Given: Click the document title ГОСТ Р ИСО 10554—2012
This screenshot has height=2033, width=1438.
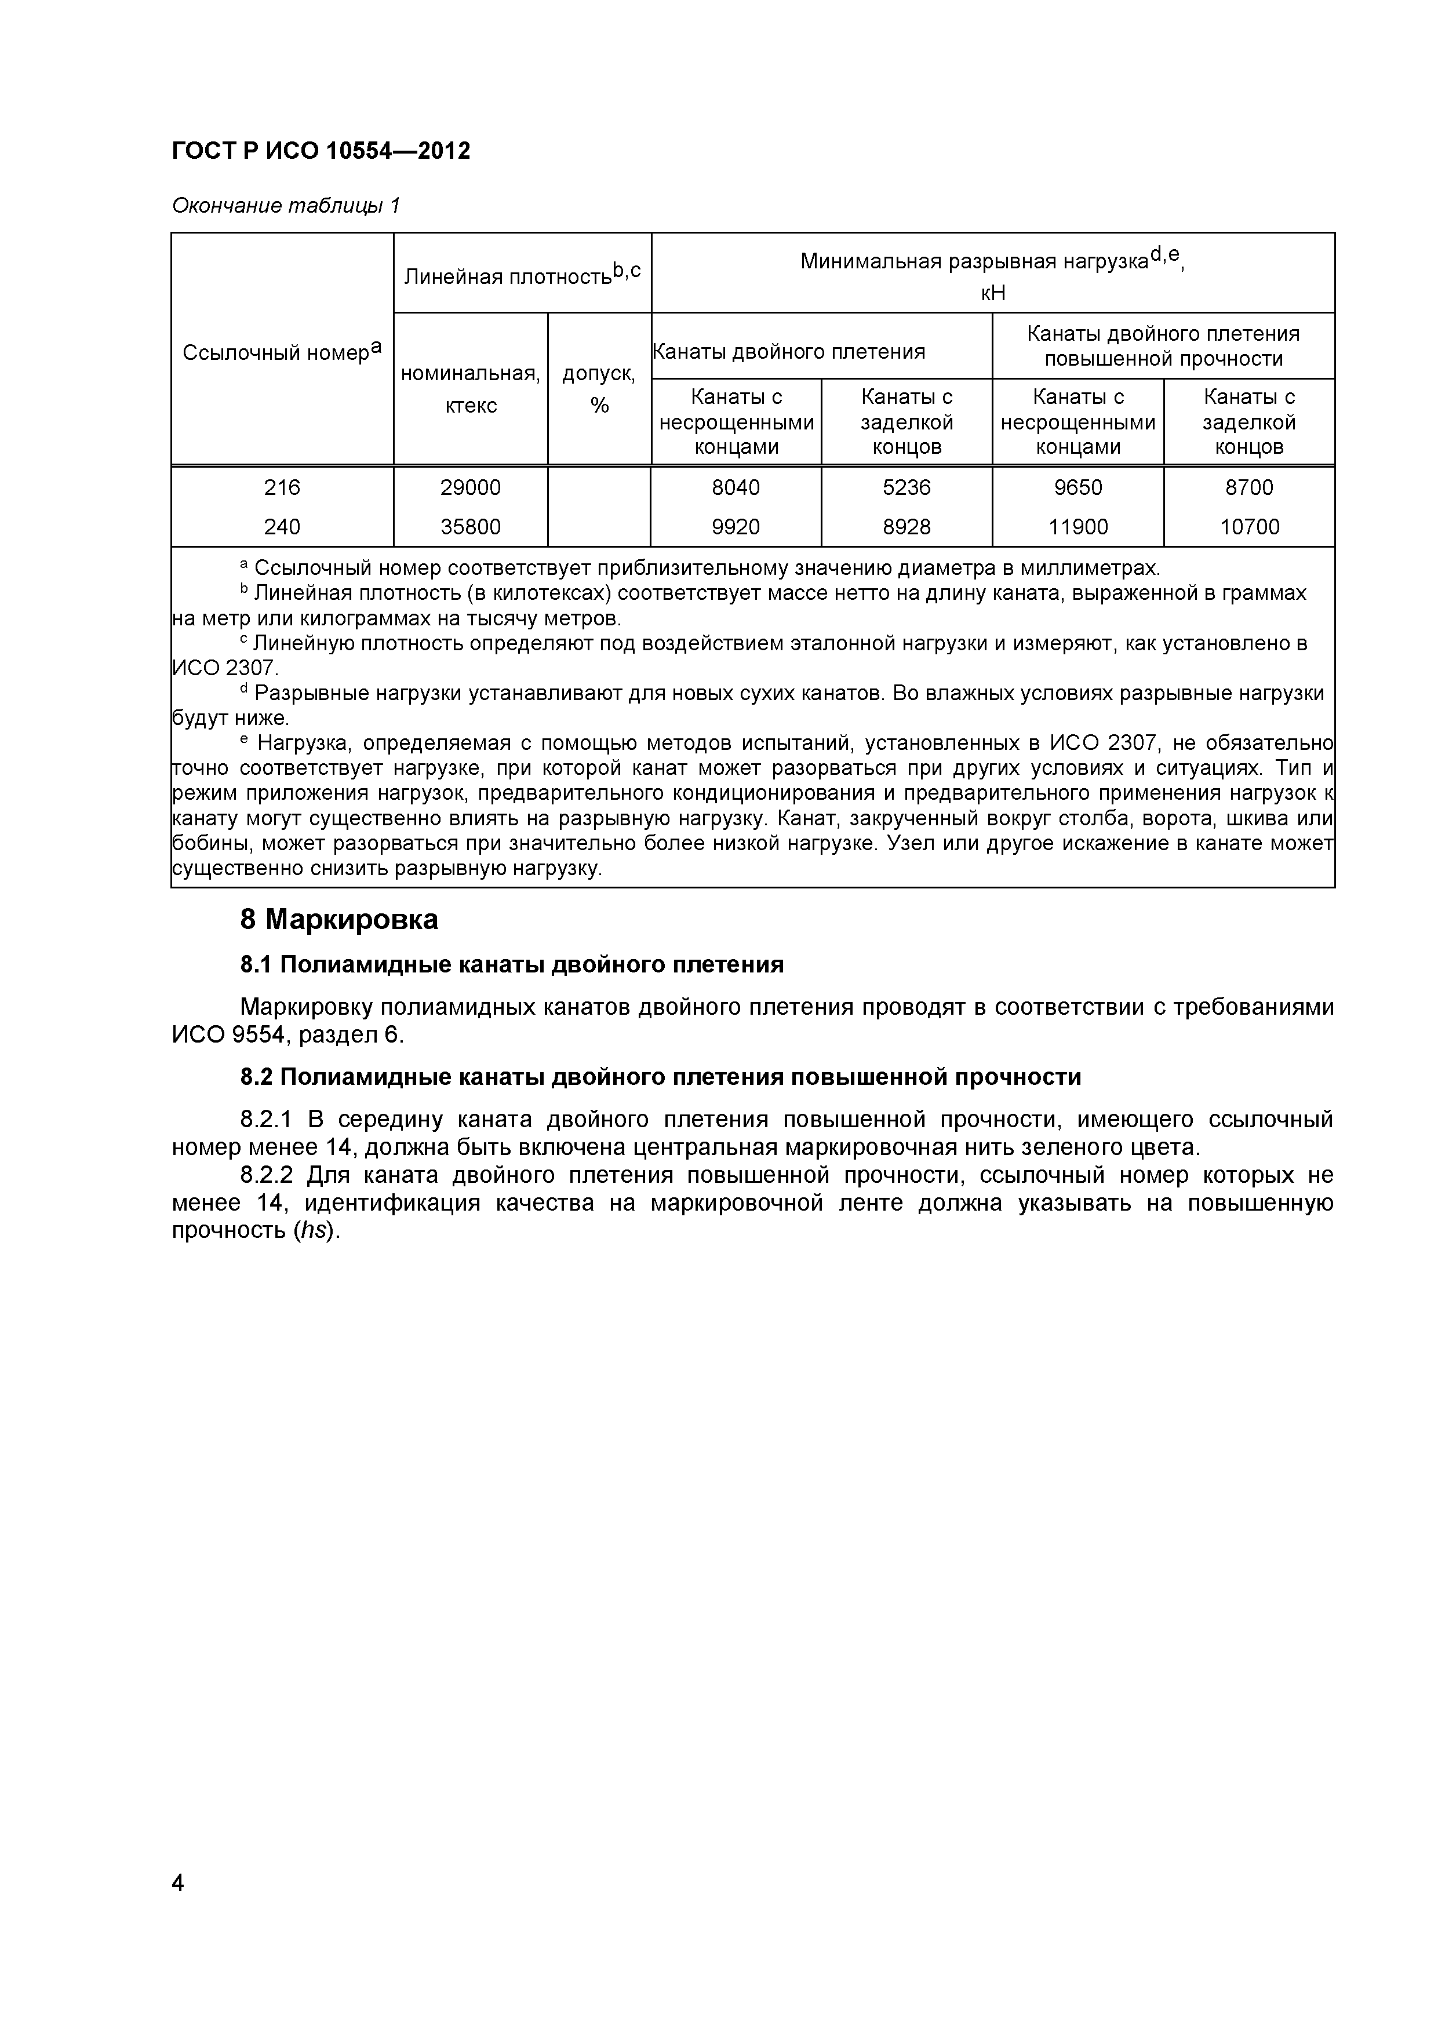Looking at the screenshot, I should [321, 151].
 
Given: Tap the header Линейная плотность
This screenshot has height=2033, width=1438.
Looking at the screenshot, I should [522, 275].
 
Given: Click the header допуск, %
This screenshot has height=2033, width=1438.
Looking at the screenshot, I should [599, 389].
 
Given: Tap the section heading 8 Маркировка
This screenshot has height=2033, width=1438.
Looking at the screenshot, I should [338, 920].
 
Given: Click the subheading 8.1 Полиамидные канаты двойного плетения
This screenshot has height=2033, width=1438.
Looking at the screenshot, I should [512, 964].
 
